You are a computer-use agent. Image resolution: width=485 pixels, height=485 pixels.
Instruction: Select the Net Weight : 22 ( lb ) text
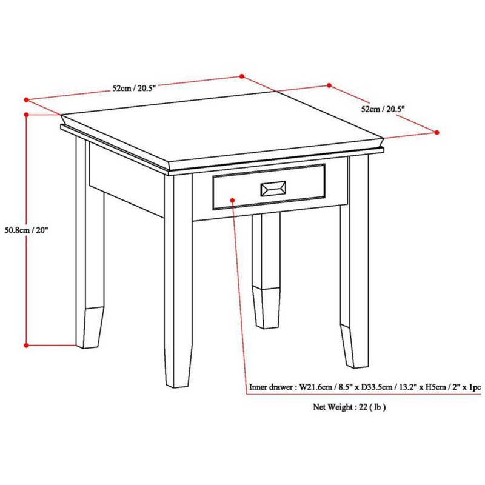click(x=349, y=407)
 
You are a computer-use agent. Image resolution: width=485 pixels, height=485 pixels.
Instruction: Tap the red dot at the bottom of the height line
click(x=26, y=346)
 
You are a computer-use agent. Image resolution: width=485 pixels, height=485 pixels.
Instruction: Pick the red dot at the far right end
click(x=437, y=132)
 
